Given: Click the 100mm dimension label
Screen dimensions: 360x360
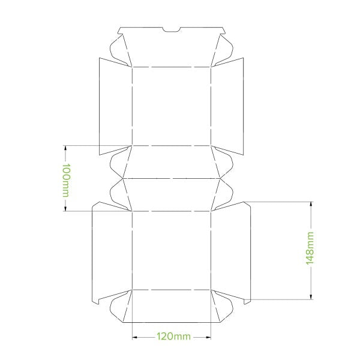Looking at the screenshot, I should [65, 179].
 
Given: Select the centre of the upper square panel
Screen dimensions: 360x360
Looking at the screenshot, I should [172, 106].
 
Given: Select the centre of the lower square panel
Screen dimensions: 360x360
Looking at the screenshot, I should [172, 250].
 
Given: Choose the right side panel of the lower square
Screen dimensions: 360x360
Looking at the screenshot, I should [231, 251].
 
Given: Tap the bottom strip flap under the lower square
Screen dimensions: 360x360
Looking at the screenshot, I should [172, 306].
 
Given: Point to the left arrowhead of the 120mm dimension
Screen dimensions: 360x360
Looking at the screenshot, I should [134, 337].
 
